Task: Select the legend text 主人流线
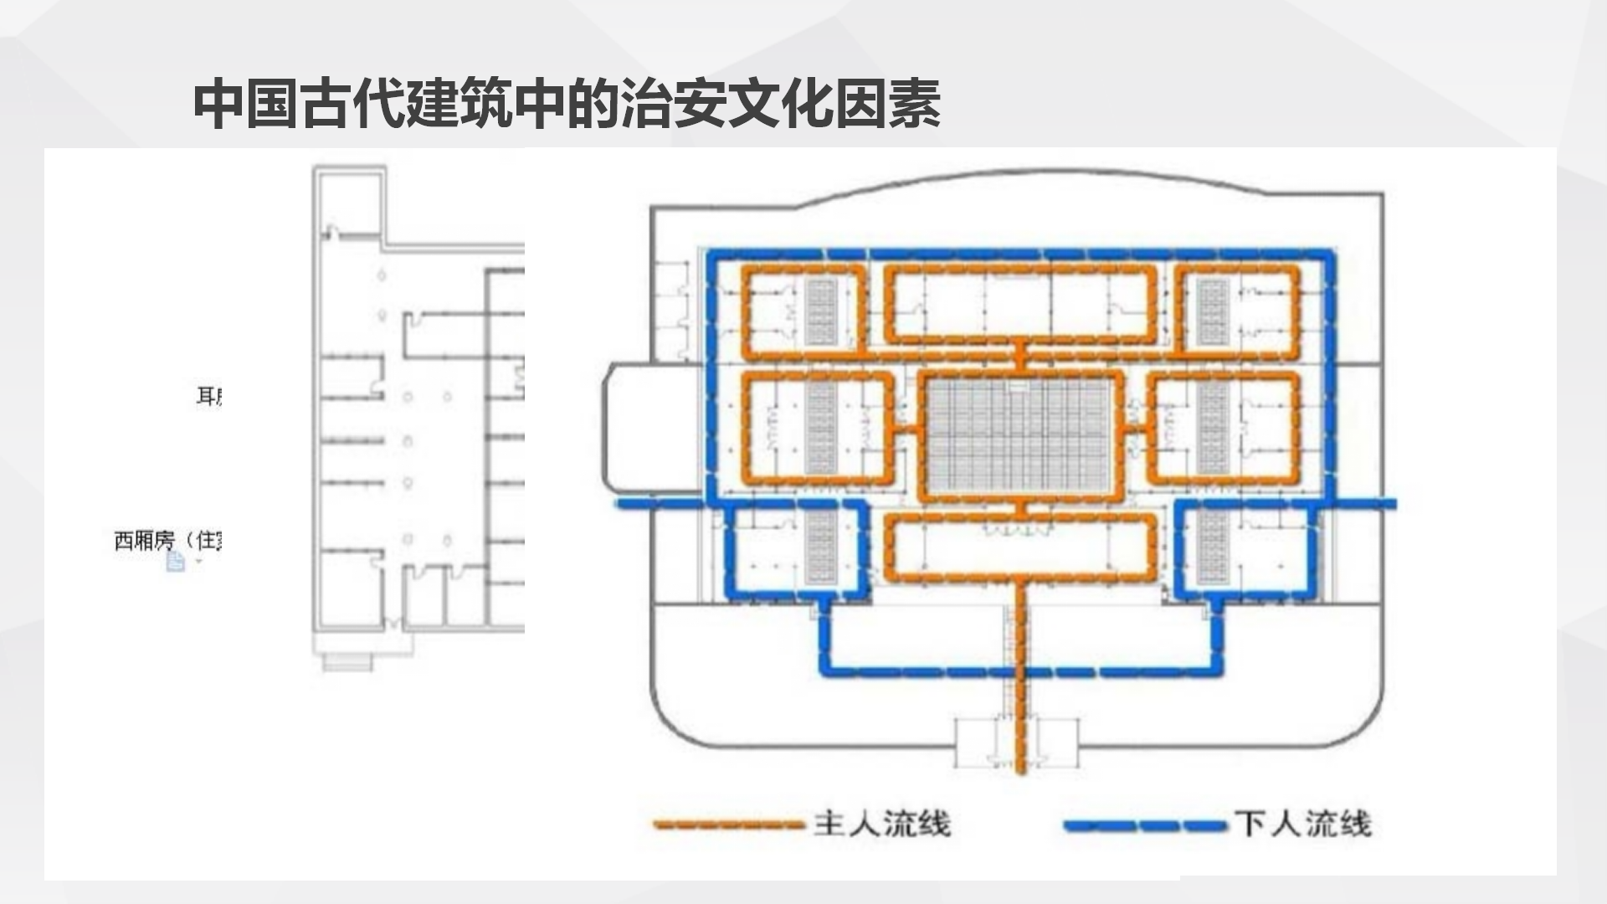click(x=882, y=824)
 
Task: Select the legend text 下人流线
click(x=1303, y=824)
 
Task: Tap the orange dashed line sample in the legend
click(x=730, y=824)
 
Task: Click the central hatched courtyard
click(x=1021, y=435)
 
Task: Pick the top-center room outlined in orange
click(x=1021, y=306)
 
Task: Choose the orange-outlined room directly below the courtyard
click(x=1021, y=548)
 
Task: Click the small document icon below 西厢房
click(x=175, y=561)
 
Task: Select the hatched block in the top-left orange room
click(x=821, y=311)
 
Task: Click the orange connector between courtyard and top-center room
click(x=1020, y=356)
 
